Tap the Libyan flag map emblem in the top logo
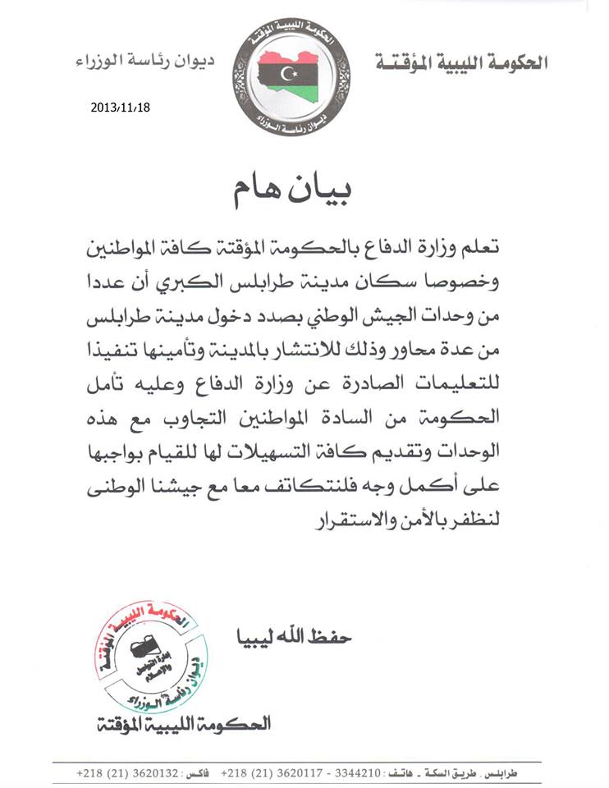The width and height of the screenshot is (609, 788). pyautogui.click(x=288, y=76)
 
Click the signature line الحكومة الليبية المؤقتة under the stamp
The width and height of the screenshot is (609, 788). pyautogui.click(x=182, y=724)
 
